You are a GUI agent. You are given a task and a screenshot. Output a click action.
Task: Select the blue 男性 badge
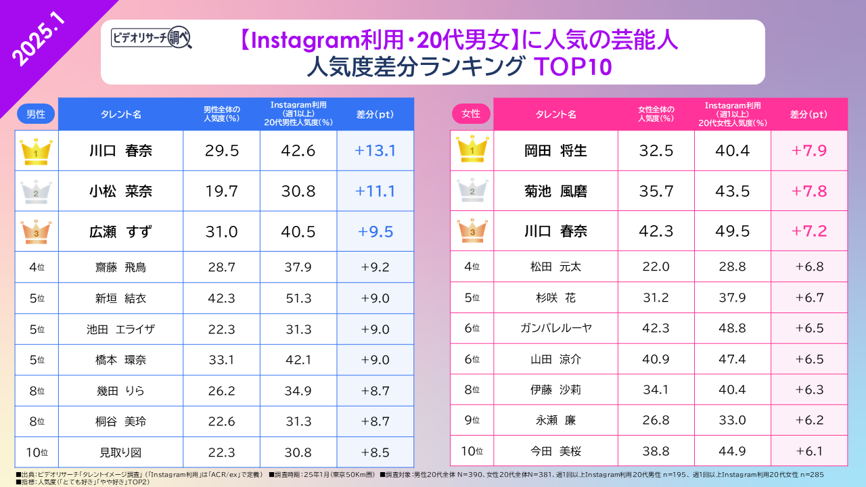36,114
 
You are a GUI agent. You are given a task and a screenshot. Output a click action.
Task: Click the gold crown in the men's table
32,151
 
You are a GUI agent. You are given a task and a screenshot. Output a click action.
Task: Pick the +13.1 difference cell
375,151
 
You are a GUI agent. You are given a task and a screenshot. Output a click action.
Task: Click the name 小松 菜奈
120,191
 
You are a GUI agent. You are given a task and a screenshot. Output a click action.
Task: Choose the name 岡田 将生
555,151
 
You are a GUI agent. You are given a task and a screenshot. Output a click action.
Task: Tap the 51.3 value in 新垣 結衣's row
298,298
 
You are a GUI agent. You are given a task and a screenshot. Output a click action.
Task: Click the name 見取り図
120,453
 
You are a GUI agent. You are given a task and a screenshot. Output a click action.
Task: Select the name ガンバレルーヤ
555,328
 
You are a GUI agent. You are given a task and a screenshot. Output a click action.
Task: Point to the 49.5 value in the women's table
733,231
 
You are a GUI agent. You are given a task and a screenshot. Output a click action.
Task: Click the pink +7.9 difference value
809,151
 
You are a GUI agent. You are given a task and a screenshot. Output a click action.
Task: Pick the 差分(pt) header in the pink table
809,114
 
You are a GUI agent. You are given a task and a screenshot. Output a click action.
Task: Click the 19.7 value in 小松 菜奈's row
221,191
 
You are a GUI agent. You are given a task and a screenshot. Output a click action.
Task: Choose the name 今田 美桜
555,451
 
